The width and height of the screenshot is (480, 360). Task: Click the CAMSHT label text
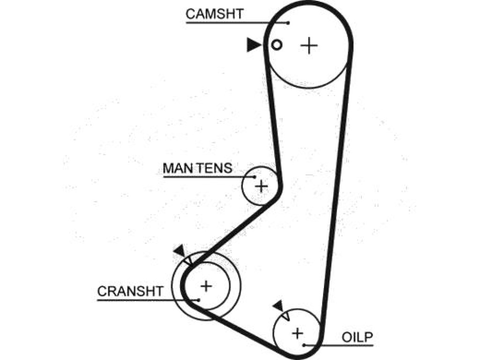pyautogui.click(x=214, y=14)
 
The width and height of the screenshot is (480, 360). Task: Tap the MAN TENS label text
pyautogui.click(x=197, y=168)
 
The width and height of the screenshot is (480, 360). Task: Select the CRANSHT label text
pyautogui.click(x=130, y=291)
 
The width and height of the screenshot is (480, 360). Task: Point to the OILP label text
pyautogui.click(x=357, y=337)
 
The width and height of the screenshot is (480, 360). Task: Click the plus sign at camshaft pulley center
pyautogui.click(x=309, y=45)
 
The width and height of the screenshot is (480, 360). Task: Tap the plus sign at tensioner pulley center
pyautogui.click(x=261, y=186)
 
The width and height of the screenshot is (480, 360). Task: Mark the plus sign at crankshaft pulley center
pyautogui.click(x=206, y=286)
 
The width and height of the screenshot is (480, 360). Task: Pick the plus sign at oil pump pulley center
pyautogui.click(x=297, y=333)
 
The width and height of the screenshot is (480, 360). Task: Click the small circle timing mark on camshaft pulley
pyautogui.click(x=277, y=45)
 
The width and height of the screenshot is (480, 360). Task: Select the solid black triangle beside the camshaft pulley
pyautogui.click(x=254, y=45)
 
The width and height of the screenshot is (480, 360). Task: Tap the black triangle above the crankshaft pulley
pyautogui.click(x=180, y=250)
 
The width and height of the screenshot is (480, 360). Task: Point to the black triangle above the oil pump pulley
pyautogui.click(x=279, y=306)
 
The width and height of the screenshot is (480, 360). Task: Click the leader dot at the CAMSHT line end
pyautogui.click(x=288, y=22)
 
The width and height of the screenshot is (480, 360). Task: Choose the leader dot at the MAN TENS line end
pyautogui.click(x=255, y=177)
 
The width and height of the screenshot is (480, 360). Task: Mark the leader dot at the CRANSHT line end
pyautogui.click(x=199, y=300)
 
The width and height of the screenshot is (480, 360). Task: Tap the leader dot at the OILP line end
pyautogui.click(x=304, y=345)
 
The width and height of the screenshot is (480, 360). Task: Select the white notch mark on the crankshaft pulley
pyautogui.click(x=187, y=261)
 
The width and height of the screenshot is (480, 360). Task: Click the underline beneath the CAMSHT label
pyautogui.click(x=237, y=22)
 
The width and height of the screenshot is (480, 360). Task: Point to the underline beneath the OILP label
pyautogui.click(x=339, y=345)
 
